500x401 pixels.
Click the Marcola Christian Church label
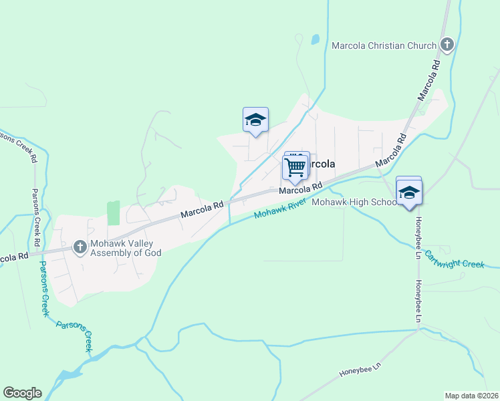point(384,45)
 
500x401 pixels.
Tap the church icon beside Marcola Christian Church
point(447,45)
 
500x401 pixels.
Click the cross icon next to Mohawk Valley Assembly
point(80,247)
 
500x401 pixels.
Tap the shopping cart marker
point(295,167)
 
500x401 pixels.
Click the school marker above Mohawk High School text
point(408,193)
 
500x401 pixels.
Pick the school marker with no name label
point(255,120)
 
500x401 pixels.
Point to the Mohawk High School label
point(355,202)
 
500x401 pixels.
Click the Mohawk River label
point(279,209)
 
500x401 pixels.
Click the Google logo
point(22,392)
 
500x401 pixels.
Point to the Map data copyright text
point(471,395)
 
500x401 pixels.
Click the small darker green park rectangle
point(113,213)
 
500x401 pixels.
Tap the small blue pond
point(315,39)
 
